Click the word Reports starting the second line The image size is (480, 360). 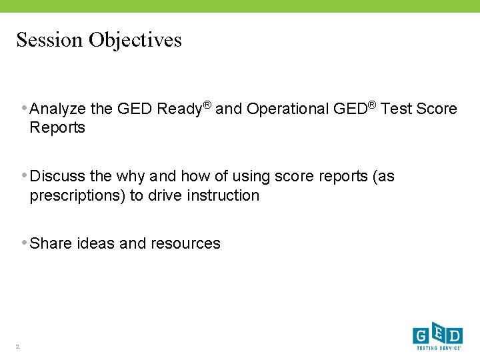(x=57, y=128)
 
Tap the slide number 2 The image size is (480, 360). (x=18, y=346)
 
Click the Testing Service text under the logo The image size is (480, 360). (x=437, y=347)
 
